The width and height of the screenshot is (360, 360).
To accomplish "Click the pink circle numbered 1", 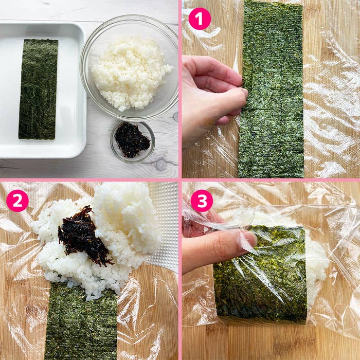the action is pyautogui.click(x=200, y=19).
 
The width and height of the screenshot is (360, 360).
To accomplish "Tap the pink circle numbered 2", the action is pyautogui.click(x=17, y=201).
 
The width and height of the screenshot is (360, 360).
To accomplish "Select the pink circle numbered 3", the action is pyautogui.click(x=202, y=201).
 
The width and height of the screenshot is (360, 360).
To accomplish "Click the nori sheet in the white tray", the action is pyautogui.click(x=38, y=89).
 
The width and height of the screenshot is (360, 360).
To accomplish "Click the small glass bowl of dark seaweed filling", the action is pyautogui.click(x=133, y=142).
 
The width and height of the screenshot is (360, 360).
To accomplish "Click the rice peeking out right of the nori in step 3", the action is pyautogui.click(x=317, y=271).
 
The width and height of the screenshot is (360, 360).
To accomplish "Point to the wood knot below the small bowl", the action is pyautogui.click(x=160, y=165).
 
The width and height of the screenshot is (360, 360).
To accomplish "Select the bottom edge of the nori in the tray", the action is pyautogui.click(x=37, y=138).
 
